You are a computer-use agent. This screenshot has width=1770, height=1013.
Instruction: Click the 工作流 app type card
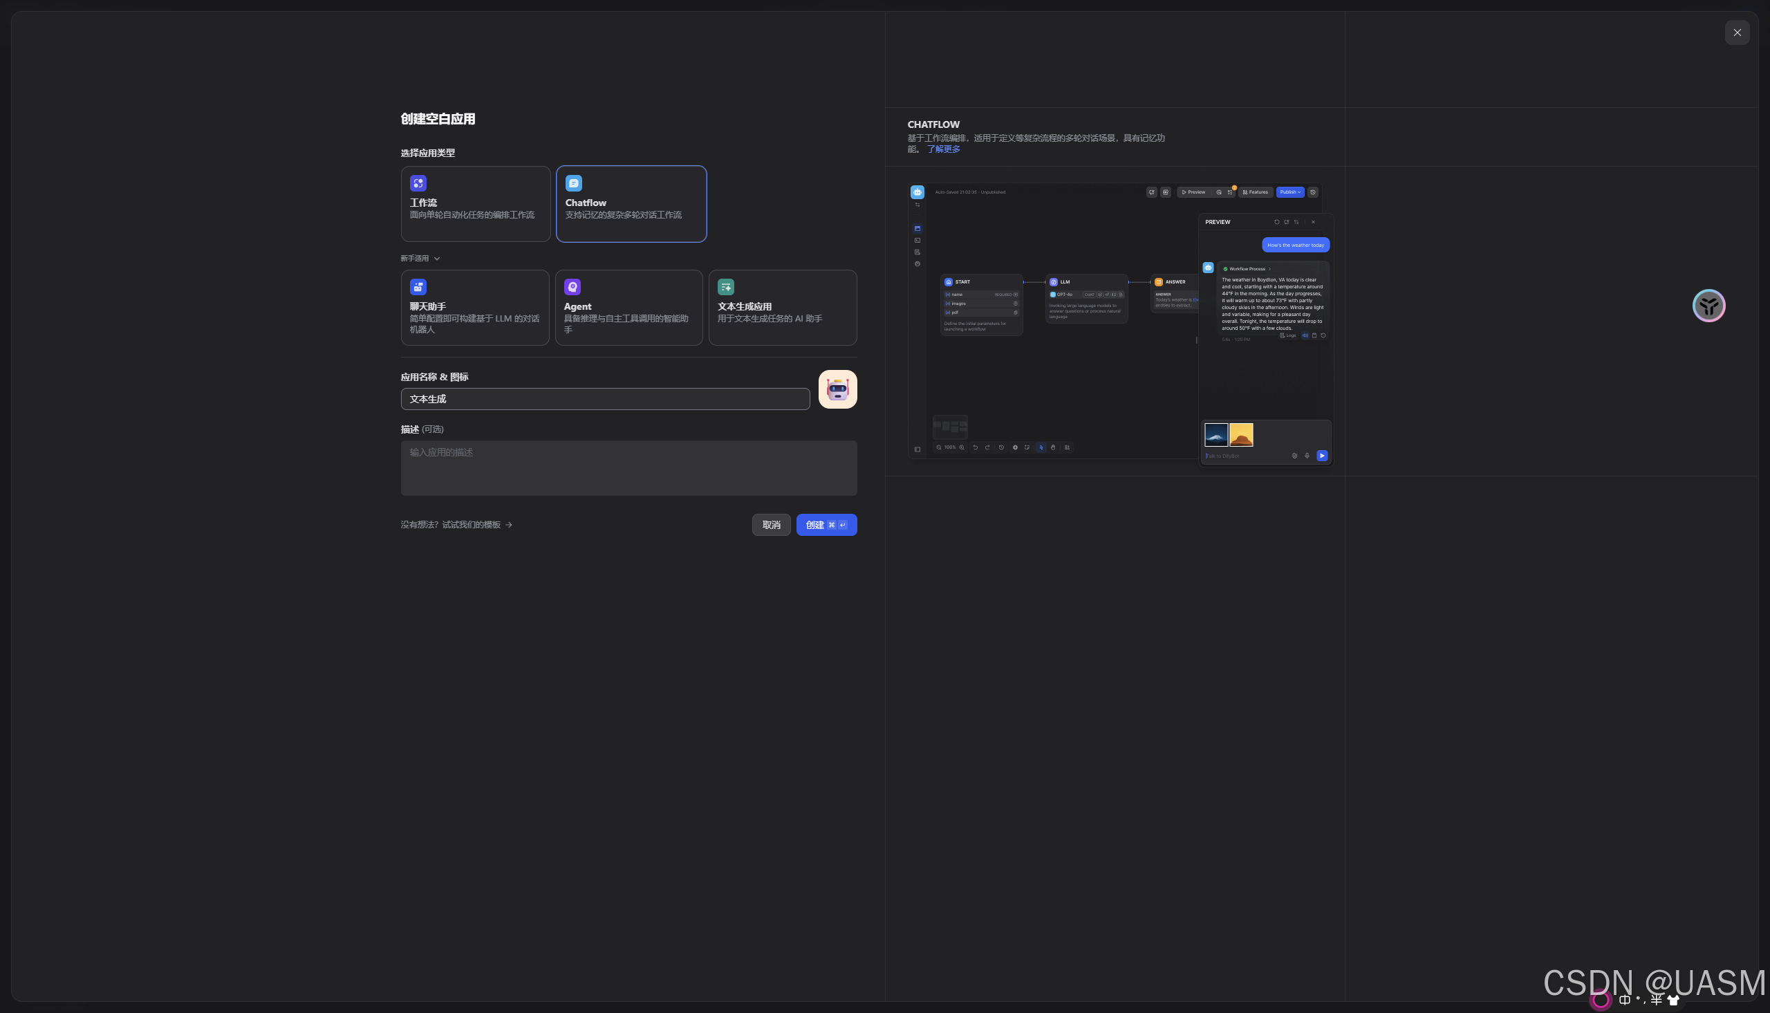pos(475,204)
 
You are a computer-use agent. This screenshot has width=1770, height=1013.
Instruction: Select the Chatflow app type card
pos(631,204)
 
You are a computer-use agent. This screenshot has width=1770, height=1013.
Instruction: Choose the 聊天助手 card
pos(474,308)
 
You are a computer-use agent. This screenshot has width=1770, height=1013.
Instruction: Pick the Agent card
pos(628,308)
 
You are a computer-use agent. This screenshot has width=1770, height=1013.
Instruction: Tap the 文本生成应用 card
pos(783,308)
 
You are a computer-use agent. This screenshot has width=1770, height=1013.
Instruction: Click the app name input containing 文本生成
pos(604,400)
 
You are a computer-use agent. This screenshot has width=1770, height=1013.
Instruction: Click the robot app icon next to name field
pos(837,389)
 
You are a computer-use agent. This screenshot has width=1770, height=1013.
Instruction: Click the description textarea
pos(628,467)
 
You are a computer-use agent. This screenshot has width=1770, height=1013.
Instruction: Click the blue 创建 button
pos(826,526)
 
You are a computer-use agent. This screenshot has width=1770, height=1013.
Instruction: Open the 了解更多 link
pos(943,149)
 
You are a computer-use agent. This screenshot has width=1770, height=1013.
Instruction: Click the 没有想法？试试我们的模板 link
pos(456,526)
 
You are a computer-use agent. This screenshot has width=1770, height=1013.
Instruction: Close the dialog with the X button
pos(1737,32)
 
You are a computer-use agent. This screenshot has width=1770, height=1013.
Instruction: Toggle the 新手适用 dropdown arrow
pos(437,259)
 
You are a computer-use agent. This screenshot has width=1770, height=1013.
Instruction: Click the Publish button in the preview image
pos(1289,193)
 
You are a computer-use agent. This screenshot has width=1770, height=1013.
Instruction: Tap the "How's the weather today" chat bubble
pos(1295,245)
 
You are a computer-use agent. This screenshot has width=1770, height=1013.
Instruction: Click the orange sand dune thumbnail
pos(1241,435)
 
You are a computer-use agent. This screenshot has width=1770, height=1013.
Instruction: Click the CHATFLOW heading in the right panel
pos(933,125)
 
